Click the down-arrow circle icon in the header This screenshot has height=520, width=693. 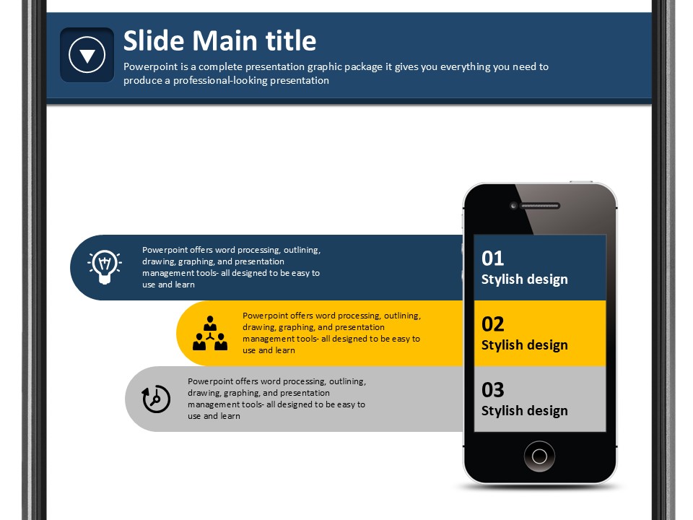(x=87, y=55)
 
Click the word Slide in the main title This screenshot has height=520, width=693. (x=154, y=40)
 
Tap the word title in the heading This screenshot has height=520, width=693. (x=291, y=40)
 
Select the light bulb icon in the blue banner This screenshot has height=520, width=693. (x=105, y=267)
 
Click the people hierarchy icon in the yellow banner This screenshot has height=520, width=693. (x=210, y=334)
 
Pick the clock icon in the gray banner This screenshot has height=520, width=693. (x=156, y=399)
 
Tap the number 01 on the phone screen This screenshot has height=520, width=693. (x=493, y=259)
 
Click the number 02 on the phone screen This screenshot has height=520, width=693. (x=493, y=324)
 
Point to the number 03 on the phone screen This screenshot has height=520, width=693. (x=493, y=390)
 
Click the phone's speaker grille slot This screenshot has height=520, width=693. (x=540, y=206)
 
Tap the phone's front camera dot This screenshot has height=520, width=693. (x=513, y=206)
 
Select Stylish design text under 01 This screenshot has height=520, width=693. (x=525, y=279)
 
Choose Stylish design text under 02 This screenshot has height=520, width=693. (x=525, y=345)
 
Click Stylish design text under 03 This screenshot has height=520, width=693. (x=525, y=411)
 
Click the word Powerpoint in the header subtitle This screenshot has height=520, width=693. (x=151, y=66)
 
